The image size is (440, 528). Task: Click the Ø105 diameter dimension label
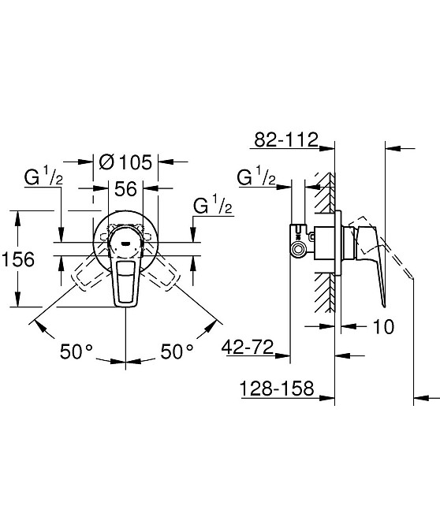coord(126,163)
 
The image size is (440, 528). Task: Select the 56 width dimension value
coord(127,190)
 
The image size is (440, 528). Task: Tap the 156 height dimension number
coord(18,258)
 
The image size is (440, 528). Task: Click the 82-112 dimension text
coord(285,140)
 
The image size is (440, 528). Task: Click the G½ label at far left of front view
coord(43,177)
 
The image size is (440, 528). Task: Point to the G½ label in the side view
coord(256,177)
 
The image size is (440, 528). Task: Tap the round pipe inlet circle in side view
coord(299,250)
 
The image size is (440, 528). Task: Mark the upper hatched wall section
coord(323,193)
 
